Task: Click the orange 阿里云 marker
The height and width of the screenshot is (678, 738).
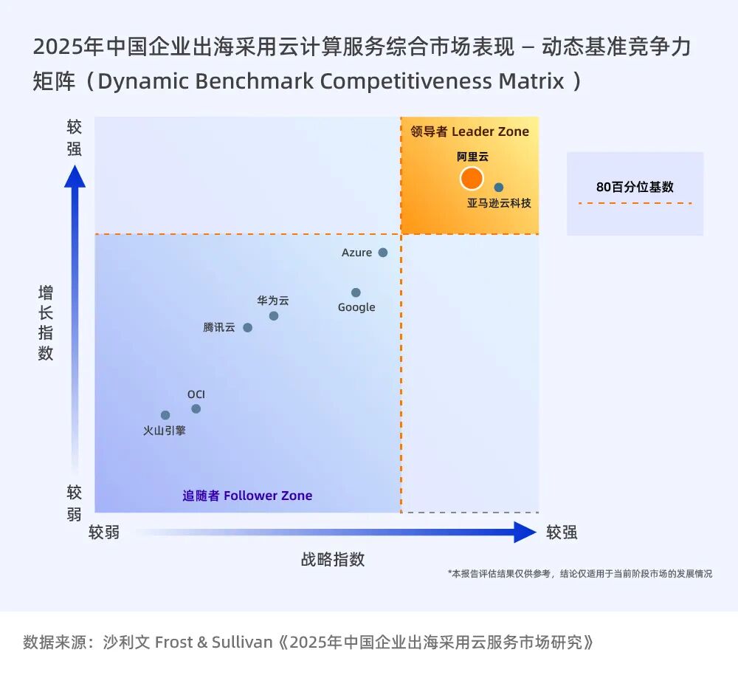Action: (472, 179)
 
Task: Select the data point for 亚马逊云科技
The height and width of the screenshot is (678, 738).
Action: (499, 188)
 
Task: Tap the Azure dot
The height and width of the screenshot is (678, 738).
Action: (383, 253)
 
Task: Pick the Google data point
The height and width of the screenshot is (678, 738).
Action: (356, 292)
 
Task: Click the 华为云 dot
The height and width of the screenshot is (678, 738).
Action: (274, 316)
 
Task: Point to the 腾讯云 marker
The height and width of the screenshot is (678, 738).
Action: (247, 328)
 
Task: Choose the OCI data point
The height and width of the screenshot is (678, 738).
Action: (196, 409)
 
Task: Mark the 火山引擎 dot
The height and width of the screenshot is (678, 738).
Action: (165, 415)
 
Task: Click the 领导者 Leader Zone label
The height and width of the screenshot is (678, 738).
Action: (470, 131)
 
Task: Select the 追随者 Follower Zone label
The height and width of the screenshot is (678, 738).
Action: (247, 496)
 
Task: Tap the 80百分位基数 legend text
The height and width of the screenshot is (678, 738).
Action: (635, 187)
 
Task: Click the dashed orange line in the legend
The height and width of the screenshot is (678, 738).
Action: (635, 203)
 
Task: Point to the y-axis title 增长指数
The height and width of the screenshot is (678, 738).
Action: (46, 323)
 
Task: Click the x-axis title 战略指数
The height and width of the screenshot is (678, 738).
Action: (333, 559)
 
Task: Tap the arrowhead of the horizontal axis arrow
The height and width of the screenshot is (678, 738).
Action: (525, 532)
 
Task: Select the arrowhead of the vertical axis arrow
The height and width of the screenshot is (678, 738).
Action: (75, 177)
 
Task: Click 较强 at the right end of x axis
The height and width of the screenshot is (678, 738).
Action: (562, 533)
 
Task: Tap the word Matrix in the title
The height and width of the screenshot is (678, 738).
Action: (531, 81)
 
